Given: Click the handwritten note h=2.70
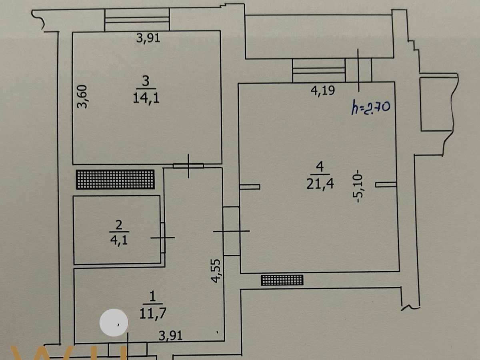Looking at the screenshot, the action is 370,107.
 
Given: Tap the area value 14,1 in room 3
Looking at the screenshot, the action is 146,98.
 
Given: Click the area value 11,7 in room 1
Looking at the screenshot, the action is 153,314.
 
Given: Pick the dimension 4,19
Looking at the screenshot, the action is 322,90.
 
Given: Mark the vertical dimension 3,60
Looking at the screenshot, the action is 82,97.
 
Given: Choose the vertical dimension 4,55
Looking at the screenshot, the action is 216,271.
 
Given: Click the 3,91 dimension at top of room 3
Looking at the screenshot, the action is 148,38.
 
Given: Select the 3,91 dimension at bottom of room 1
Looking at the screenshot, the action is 170,336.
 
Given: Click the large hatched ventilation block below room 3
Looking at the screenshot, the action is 115,179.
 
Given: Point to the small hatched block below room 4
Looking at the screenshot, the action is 282,280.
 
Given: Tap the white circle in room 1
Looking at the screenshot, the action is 114,322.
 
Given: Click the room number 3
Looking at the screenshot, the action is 146,81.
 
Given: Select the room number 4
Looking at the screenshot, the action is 320,167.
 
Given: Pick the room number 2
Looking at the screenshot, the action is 119,225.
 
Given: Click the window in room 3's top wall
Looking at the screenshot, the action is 137,20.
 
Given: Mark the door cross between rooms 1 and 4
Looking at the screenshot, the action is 231,231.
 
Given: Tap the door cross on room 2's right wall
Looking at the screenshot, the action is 163,238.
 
